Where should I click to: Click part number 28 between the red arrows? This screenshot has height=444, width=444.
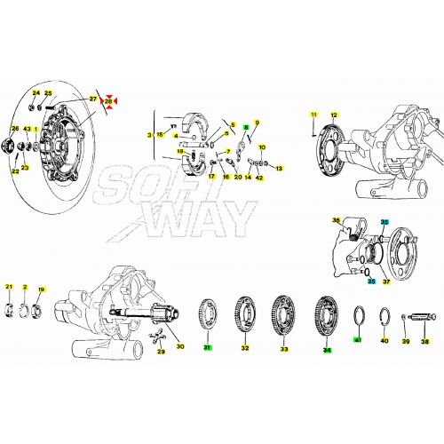(109, 102)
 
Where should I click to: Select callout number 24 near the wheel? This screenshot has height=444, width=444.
(36, 92)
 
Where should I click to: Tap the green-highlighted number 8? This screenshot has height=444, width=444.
(245, 128)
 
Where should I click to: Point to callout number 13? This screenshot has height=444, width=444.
(278, 168)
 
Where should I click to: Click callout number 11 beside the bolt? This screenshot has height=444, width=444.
(313, 115)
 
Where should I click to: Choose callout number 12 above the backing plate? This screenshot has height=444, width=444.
(334, 115)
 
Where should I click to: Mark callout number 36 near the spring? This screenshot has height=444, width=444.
(336, 220)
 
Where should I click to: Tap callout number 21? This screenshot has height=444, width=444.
(10, 287)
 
